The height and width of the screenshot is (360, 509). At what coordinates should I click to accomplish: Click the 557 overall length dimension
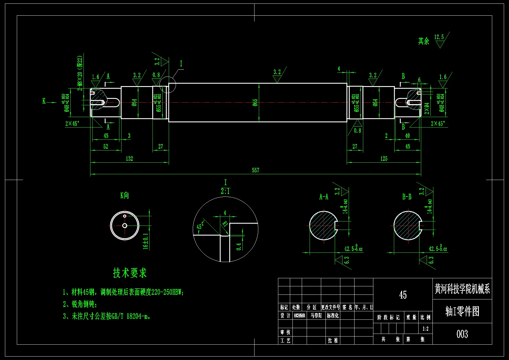[x=255, y=170]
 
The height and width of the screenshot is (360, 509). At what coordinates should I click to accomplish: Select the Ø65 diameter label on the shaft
[x=255, y=102]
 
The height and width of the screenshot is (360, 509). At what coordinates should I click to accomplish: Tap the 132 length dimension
[x=129, y=159]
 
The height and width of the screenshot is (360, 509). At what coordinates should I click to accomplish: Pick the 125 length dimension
[x=384, y=159]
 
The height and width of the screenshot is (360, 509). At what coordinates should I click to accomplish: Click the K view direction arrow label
[x=44, y=101]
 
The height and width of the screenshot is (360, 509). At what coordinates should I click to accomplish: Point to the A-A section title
[x=324, y=197]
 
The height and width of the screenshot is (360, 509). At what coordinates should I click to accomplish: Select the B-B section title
[x=407, y=197]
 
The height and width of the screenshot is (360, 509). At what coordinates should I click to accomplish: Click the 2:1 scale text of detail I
[x=225, y=191]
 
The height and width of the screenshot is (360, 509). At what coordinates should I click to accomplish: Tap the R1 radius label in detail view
[x=225, y=224]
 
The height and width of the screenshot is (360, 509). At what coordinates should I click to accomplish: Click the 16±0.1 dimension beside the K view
[x=146, y=241]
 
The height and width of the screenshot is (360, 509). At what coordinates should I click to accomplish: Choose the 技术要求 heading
[x=130, y=273]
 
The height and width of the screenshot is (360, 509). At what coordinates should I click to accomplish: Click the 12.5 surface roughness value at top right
[x=439, y=37]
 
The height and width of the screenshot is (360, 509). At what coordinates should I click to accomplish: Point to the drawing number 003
[x=462, y=334]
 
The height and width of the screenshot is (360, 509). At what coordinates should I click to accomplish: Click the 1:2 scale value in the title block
[x=425, y=329]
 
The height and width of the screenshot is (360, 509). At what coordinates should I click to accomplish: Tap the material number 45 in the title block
[x=403, y=295]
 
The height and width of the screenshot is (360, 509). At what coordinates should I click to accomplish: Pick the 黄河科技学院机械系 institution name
[x=462, y=289]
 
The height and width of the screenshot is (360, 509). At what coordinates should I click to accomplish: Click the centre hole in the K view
[x=125, y=226]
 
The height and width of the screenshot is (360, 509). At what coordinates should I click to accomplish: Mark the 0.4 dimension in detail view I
[x=239, y=247]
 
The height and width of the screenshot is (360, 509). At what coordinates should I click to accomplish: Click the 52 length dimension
[x=106, y=147]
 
